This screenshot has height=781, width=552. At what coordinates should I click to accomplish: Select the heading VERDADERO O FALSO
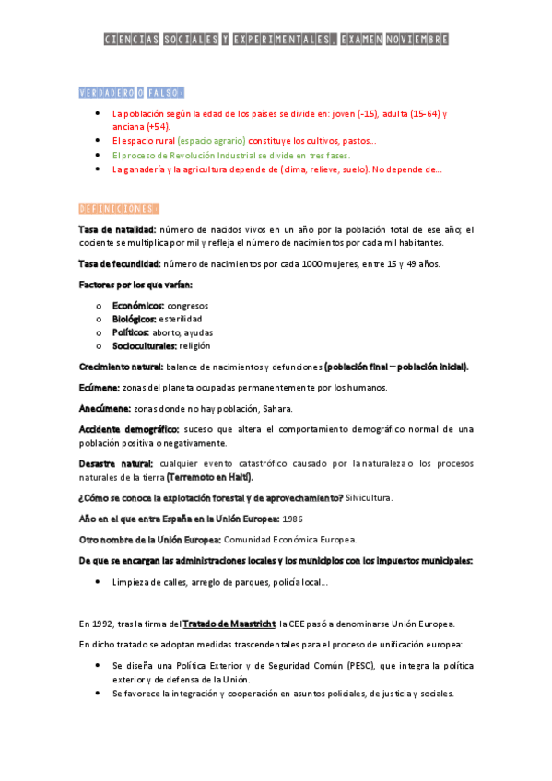click(x=131, y=92)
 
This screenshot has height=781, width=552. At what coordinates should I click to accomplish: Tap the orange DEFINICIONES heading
click(x=119, y=208)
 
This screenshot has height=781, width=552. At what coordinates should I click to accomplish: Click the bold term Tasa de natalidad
click(x=118, y=229)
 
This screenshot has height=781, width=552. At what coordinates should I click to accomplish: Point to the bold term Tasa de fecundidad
click(x=121, y=264)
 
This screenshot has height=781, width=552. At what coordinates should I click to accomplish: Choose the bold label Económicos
click(x=138, y=305)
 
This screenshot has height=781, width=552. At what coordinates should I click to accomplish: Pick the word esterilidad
click(x=180, y=319)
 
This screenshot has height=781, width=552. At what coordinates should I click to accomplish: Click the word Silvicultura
click(x=369, y=497)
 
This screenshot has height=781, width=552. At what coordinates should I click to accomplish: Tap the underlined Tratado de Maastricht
click(x=229, y=624)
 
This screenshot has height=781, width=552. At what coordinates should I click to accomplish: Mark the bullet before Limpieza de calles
click(x=99, y=582)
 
